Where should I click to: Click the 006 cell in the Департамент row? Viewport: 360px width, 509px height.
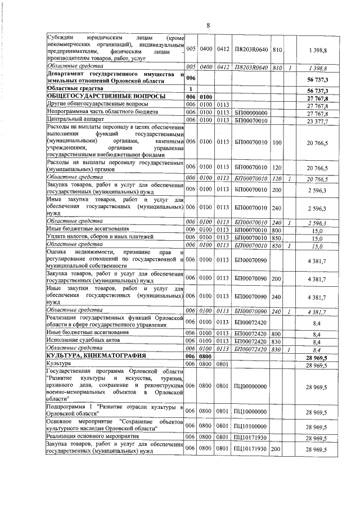click(191, 78)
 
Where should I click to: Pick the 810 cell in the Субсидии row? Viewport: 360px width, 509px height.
click(276, 51)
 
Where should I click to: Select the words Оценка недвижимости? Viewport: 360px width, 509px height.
click(67, 253)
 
